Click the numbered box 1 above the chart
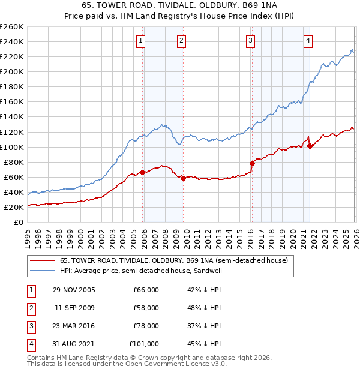pos(140,41)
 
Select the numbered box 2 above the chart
pos(181,41)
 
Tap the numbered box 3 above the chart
pos(250,41)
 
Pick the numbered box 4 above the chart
pos(308,41)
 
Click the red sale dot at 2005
pos(142,172)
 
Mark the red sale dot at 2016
pos(252,163)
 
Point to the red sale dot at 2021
pos(310,146)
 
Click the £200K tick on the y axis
pos(11,71)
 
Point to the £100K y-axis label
pos(11,147)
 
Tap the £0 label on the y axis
pos(18,222)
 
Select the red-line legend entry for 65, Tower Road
pos(174,260)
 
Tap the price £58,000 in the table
pos(146,308)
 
